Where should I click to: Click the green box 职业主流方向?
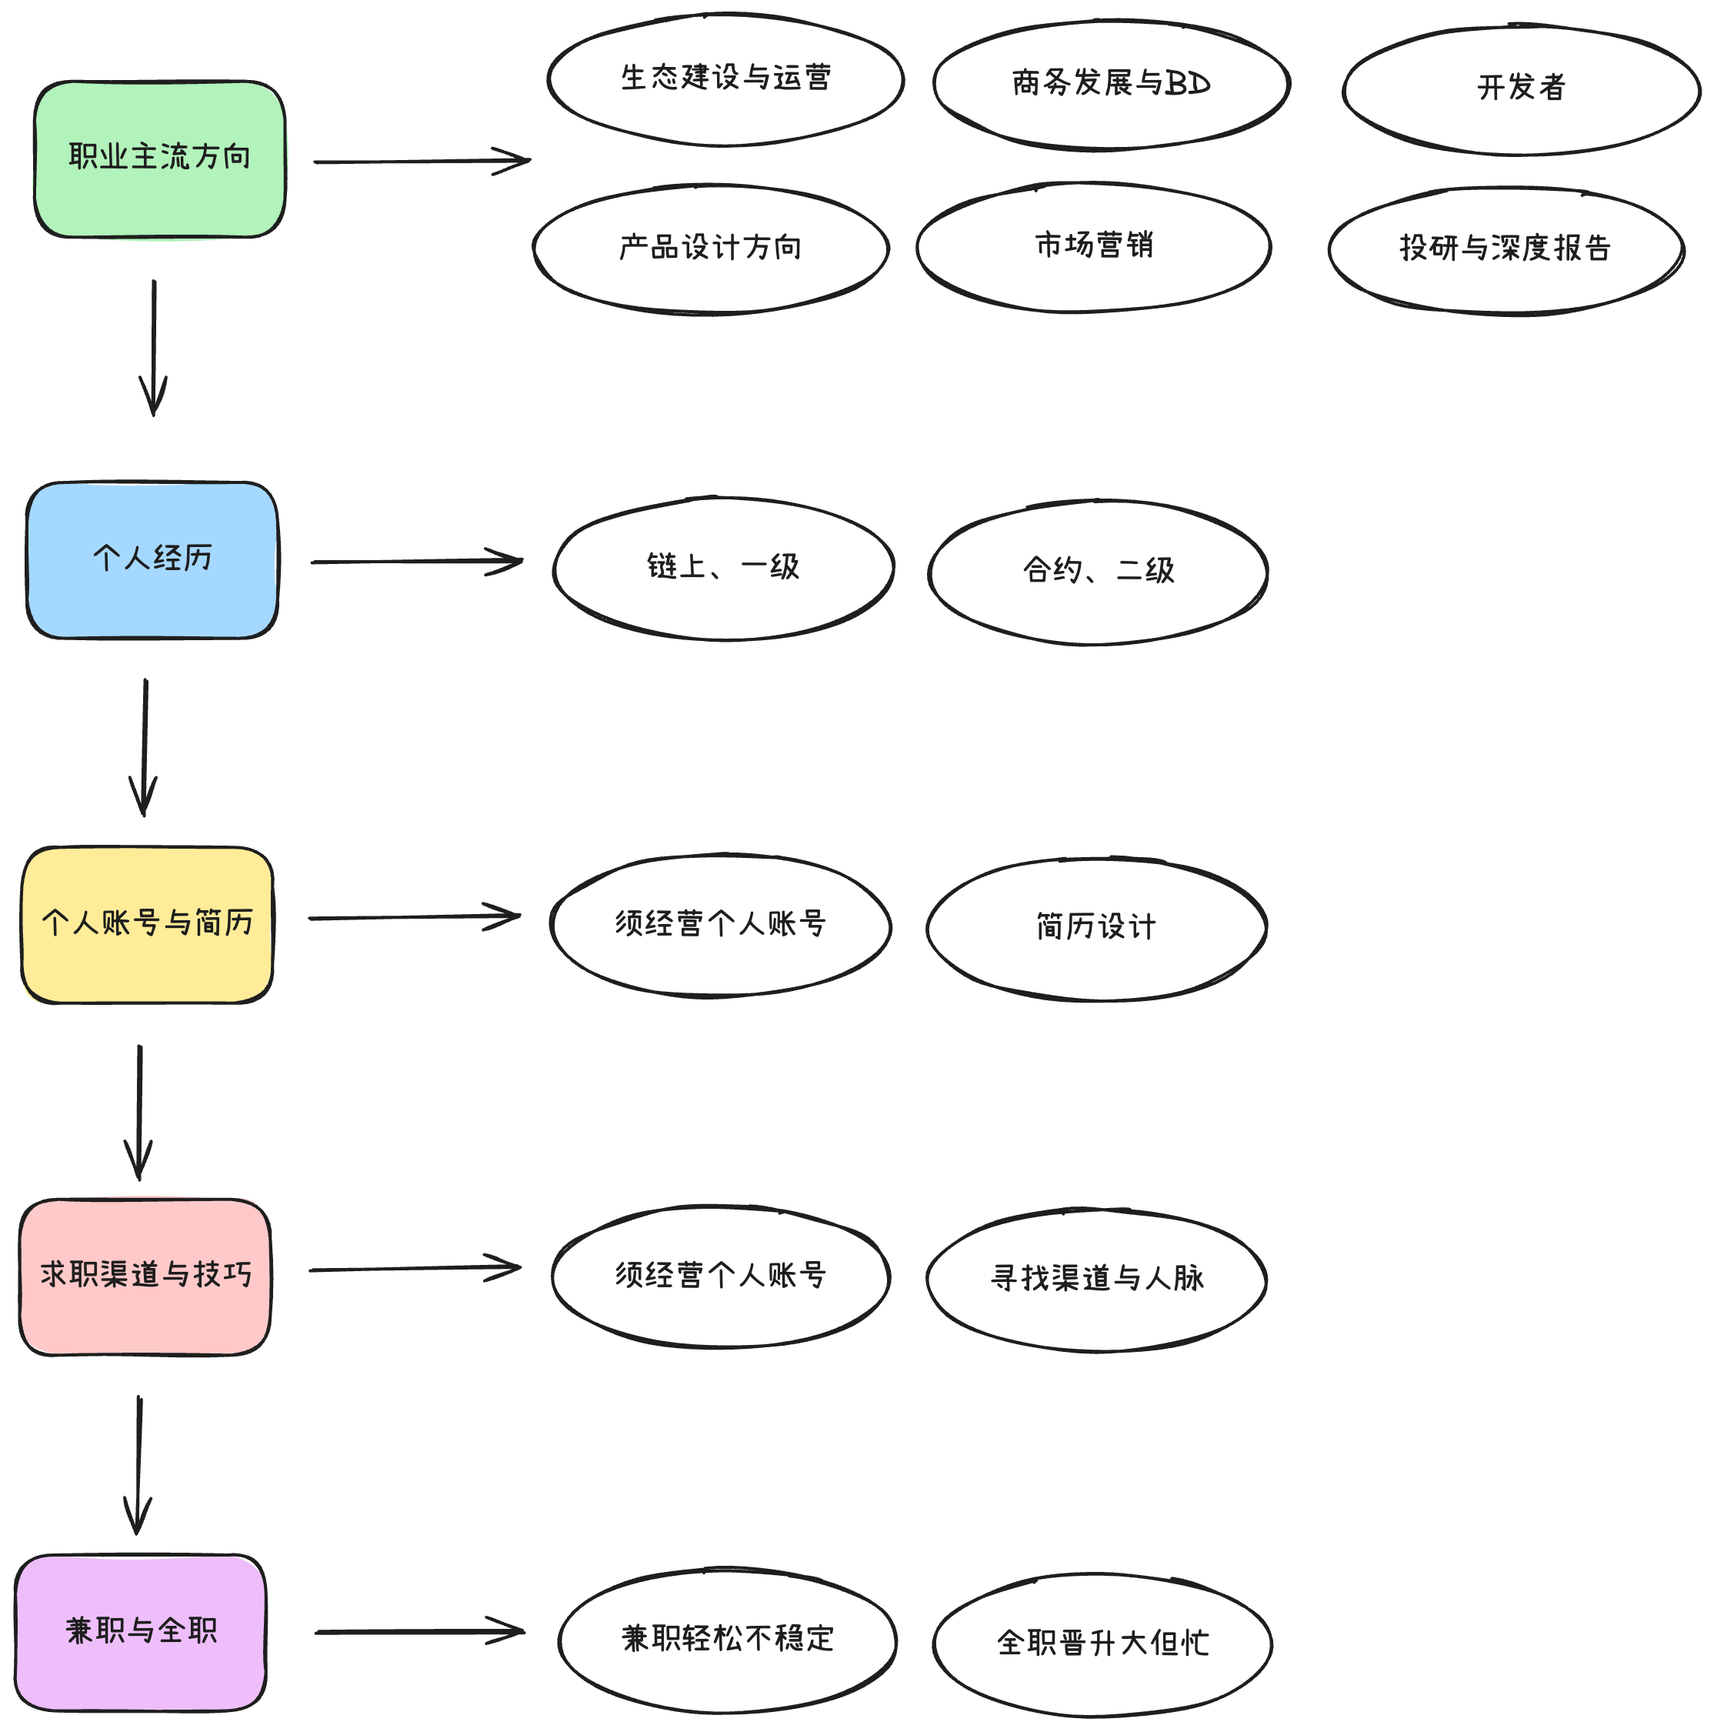point(159,159)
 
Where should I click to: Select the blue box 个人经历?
point(152,560)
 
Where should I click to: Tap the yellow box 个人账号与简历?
point(147,924)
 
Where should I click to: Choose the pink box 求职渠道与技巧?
point(145,1276)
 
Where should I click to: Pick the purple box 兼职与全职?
point(141,1633)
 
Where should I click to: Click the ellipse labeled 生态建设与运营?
point(725,79)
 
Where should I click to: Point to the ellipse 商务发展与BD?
point(1111,85)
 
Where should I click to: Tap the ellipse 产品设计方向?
point(711,249)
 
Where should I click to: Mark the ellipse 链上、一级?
point(722,569)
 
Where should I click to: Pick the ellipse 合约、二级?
point(1097,572)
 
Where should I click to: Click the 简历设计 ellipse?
point(1095,928)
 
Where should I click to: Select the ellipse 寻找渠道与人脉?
point(1095,1280)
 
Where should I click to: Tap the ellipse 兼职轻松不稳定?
point(727,1640)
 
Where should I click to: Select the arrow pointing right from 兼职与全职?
point(419,1632)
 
